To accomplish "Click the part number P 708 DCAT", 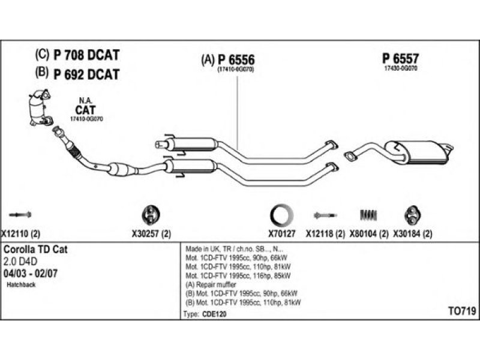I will click(86, 56).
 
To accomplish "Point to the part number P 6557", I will click(400, 58).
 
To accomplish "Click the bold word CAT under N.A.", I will click(85, 110).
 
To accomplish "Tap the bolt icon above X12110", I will click(20, 214).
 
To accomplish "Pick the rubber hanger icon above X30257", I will click(148, 214).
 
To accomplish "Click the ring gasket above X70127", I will click(281, 214).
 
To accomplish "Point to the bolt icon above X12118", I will click(325, 214).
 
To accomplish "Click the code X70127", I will click(281, 234).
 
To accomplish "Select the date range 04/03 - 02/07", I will click(30, 273).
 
